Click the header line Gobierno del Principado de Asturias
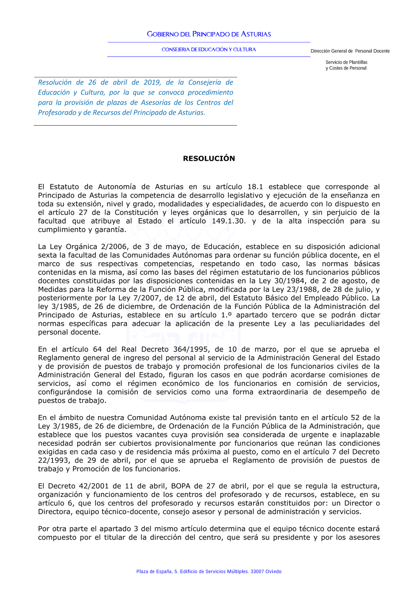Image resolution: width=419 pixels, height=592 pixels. point(209,34)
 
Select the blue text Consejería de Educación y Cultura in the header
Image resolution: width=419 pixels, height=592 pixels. point(209,49)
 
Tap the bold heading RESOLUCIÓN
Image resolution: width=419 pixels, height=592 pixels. point(209,158)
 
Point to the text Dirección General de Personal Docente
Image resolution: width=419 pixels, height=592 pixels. point(350,51)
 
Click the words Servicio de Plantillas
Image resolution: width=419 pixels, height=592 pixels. point(346,62)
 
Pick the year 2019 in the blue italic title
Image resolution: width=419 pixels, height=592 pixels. point(152,82)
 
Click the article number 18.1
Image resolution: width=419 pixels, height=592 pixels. point(255,187)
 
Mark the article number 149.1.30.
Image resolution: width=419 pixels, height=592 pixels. point(229,221)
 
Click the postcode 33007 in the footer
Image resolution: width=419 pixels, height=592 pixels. point(257,571)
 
